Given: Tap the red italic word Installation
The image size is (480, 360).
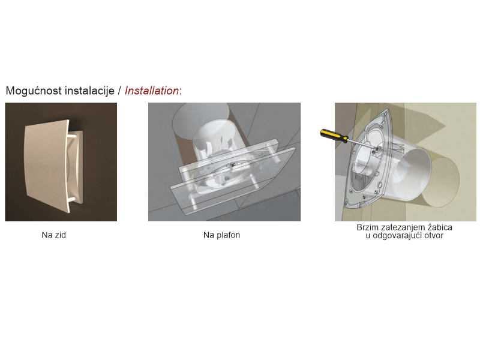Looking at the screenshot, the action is [152, 91].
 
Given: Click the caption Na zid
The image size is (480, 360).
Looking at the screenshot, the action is [54, 235].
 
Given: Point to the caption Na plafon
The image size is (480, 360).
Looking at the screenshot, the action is [221, 235].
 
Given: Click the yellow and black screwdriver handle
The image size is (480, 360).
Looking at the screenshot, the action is [334, 136].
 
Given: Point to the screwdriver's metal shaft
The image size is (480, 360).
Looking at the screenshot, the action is [361, 144].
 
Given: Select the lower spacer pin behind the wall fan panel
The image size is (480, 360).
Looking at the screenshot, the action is [73, 200].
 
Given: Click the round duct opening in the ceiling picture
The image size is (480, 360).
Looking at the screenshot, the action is [201, 120].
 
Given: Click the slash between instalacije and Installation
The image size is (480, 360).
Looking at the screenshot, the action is [119, 91].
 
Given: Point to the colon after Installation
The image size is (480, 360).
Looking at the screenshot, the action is [181, 92].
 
